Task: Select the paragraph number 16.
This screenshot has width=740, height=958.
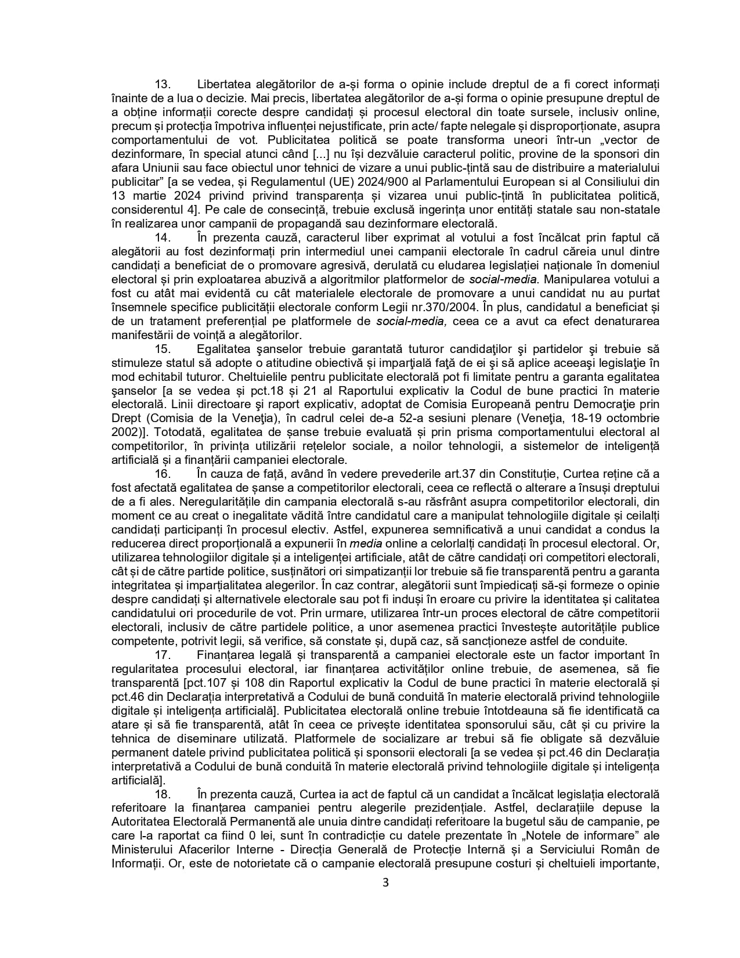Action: pos(161,474)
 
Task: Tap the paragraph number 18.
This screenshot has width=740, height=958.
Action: pos(161,794)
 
